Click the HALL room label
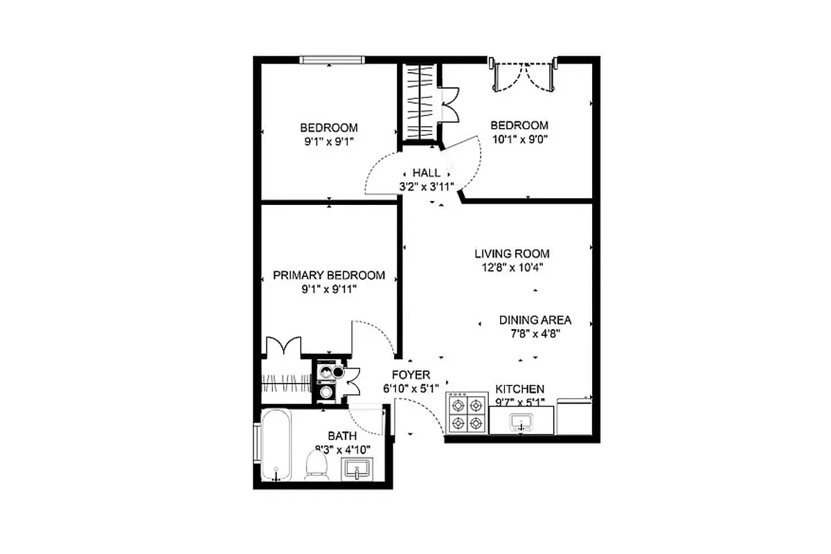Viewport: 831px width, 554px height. [425, 172]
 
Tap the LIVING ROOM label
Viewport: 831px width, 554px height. [512, 254]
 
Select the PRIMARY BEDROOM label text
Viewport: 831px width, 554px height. [328, 275]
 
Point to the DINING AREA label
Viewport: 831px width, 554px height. [535, 320]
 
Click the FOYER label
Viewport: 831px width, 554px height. [411, 375]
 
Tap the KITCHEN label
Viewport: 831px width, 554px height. [519, 389]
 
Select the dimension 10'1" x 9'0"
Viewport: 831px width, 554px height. [519, 138]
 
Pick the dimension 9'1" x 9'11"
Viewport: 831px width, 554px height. [328, 289]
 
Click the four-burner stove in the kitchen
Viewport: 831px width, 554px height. [466, 413]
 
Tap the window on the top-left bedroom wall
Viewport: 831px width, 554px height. [330, 60]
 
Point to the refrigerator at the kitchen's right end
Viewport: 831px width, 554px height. [574, 415]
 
